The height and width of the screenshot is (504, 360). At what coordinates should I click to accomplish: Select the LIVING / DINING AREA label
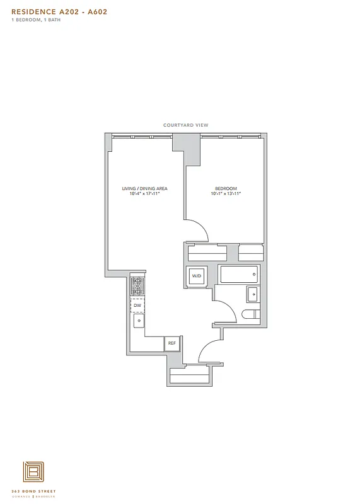coord(144,188)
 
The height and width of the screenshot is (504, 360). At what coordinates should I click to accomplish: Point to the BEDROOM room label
coord(226,188)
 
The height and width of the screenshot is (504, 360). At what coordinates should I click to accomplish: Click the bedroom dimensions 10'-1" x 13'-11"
coord(226,194)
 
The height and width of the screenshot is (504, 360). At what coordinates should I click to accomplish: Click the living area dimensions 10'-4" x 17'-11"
coord(144,194)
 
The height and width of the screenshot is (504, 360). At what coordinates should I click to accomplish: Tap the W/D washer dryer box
coord(196,275)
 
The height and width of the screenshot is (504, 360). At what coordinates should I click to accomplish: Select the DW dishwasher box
coord(137,305)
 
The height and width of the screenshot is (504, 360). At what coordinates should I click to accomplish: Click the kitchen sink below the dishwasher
coord(138,321)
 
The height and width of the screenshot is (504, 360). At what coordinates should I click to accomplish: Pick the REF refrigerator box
coord(171,343)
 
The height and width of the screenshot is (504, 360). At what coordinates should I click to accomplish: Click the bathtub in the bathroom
coord(238,274)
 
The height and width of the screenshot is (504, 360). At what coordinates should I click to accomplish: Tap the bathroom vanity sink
coord(252,294)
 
